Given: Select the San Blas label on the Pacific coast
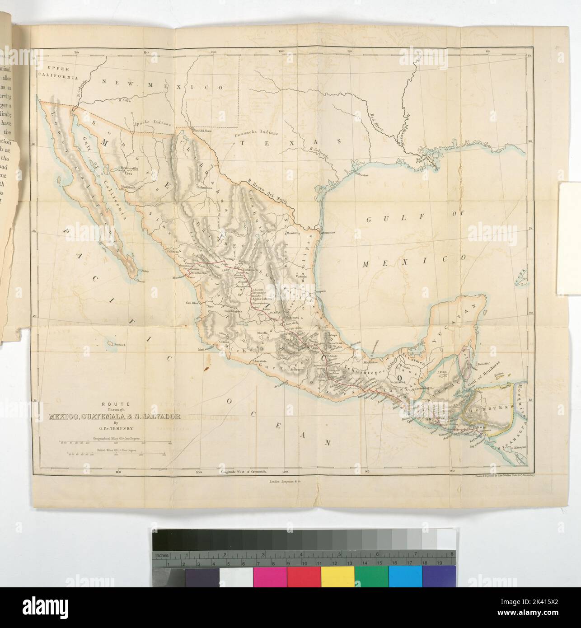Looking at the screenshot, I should (193, 303).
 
